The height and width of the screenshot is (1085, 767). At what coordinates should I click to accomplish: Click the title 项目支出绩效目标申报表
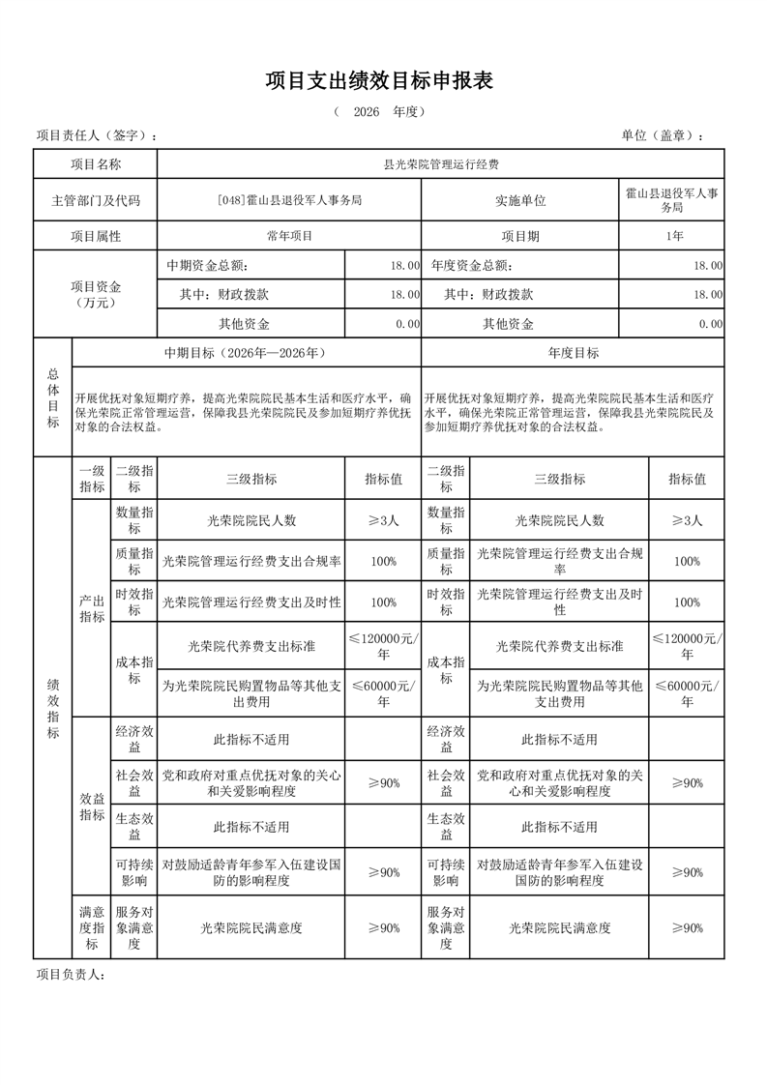pyautogui.click(x=379, y=81)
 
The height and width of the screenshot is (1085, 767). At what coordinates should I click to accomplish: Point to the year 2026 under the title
pyautogui.click(x=366, y=112)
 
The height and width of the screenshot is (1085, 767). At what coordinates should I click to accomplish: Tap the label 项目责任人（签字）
pyautogui.click(x=96, y=135)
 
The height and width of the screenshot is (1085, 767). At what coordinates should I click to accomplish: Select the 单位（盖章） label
pyautogui.click(x=663, y=135)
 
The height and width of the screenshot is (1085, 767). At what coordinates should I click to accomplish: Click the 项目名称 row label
pyautogui.click(x=96, y=164)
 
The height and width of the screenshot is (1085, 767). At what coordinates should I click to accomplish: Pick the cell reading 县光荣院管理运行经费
pyautogui.click(x=440, y=164)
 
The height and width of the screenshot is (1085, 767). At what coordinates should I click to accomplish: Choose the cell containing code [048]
pyautogui.click(x=289, y=200)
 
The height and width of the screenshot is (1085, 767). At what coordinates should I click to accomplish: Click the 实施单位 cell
pyautogui.click(x=520, y=200)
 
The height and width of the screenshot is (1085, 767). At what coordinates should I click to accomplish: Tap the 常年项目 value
pyautogui.click(x=289, y=236)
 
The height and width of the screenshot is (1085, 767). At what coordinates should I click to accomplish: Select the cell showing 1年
pyautogui.click(x=672, y=236)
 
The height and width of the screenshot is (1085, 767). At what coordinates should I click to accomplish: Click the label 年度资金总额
pyautogui.click(x=472, y=265)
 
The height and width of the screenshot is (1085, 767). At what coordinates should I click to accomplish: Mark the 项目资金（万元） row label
pyautogui.click(x=96, y=294)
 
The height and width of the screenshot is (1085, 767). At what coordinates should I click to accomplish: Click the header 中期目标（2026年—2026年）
pyautogui.click(x=247, y=353)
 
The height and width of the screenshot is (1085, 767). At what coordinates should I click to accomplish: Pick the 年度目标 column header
pyautogui.click(x=573, y=353)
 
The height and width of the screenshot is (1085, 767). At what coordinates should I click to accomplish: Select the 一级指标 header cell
pyautogui.click(x=92, y=478)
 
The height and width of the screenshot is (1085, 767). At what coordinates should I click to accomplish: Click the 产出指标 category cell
pyautogui.click(x=92, y=609)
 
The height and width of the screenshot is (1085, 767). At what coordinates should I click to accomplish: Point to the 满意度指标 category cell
pyautogui.click(x=92, y=927)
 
